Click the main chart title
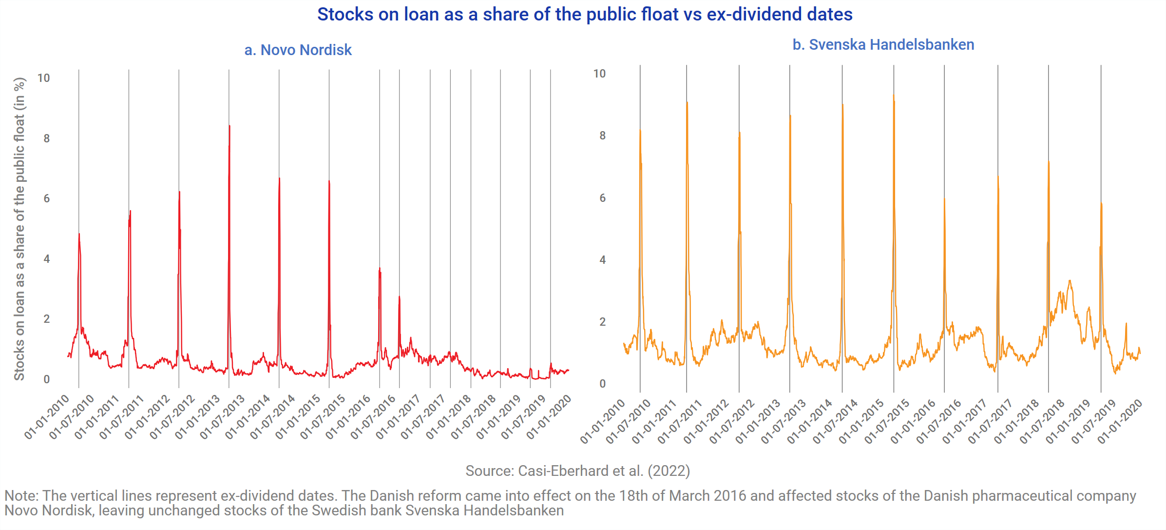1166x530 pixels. click(x=585, y=15)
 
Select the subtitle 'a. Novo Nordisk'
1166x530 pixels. click(x=298, y=50)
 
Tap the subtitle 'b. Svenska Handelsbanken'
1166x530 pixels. click(x=883, y=45)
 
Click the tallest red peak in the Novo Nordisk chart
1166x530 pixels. click(x=229, y=126)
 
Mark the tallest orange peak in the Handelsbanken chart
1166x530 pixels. click(x=894, y=96)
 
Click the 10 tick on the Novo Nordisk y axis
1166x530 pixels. click(x=44, y=78)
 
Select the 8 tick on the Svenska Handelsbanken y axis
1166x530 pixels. click(x=602, y=136)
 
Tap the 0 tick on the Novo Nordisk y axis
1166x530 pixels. click(x=46, y=379)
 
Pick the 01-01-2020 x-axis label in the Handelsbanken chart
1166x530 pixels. click(x=1120, y=421)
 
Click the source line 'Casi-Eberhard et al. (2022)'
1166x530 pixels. click(x=577, y=471)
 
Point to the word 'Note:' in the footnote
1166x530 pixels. click(x=21, y=496)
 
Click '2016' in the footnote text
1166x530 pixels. click(x=730, y=496)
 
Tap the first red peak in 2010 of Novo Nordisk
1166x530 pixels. click(x=79, y=235)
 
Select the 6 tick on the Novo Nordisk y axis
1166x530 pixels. click(x=46, y=198)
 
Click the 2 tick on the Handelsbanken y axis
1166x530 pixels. click(x=602, y=322)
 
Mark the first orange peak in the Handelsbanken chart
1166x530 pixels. click(x=640, y=130)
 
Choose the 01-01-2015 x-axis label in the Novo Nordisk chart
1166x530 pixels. click(x=298, y=418)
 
